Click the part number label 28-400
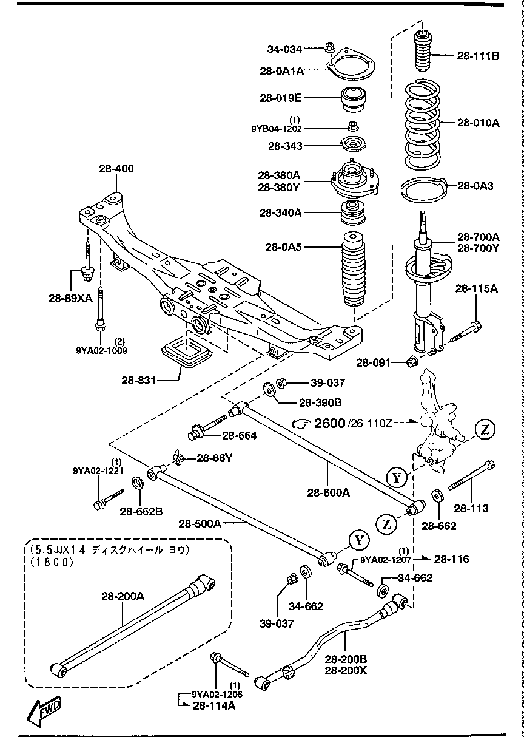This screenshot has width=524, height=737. pos(116,169)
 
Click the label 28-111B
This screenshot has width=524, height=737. pos(479,56)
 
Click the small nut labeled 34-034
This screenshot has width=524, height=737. pos(331,47)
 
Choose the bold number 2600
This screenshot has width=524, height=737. pos(329,423)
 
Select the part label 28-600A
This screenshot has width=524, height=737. pos(328,493)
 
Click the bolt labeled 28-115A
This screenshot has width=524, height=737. pos(465,331)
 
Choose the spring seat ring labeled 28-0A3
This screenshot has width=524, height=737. pos(423,189)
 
